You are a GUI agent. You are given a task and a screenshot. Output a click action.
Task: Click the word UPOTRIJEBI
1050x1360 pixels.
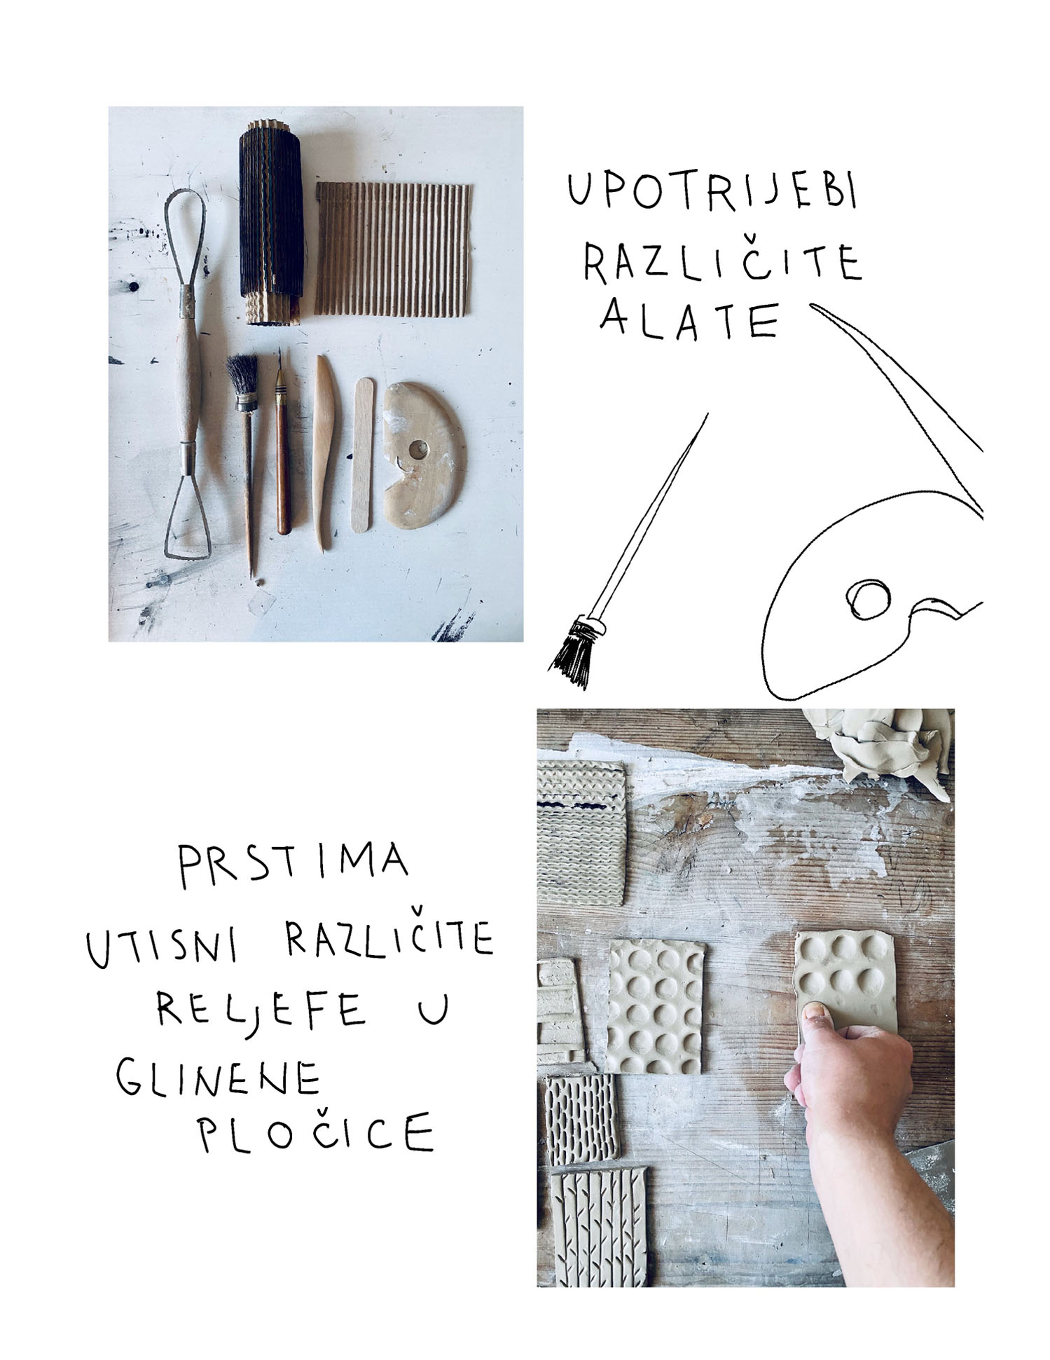click(712, 192)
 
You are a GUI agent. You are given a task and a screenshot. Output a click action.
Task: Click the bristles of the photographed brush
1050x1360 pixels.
click(241, 376)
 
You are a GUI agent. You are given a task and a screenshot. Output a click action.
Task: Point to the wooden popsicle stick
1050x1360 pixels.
click(363, 453)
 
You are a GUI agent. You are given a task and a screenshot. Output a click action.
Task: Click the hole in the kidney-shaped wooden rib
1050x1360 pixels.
click(420, 448)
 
